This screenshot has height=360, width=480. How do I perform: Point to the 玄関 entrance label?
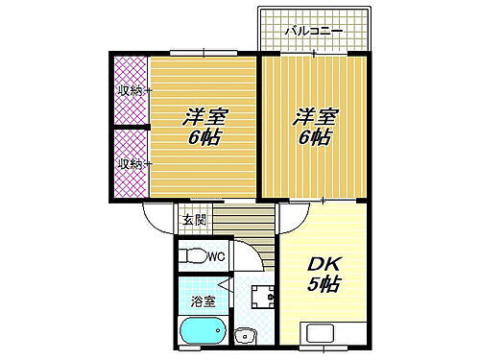pos(193,220)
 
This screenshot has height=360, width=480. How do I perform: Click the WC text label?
pos(216,256)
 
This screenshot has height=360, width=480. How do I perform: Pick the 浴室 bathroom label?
pos(200,302)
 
